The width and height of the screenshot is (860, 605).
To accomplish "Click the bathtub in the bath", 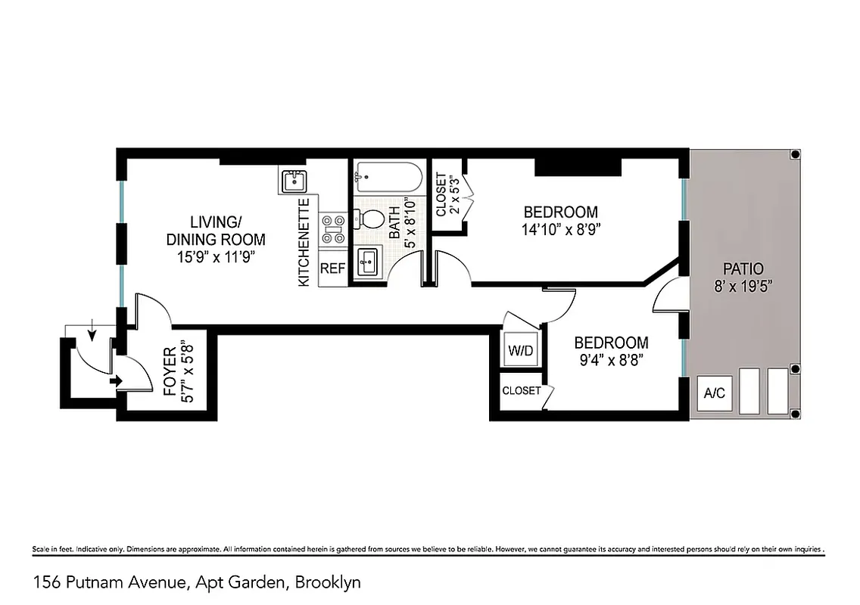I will (388, 180).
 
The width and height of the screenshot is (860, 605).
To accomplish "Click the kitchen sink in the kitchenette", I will (293, 181).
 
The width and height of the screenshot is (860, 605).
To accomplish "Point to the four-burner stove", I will (331, 229).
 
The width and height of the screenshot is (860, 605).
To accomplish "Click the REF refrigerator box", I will (332, 268).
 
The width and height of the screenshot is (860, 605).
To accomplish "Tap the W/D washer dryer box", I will (519, 350).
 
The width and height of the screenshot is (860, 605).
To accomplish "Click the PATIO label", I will (743, 268).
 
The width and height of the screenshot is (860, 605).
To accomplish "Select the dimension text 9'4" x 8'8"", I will (610, 360).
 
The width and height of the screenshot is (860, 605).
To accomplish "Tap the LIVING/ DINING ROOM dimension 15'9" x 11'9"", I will (215, 256).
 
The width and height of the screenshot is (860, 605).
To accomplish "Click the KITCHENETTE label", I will (304, 243).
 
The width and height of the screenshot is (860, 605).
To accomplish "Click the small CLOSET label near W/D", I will (522, 391).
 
